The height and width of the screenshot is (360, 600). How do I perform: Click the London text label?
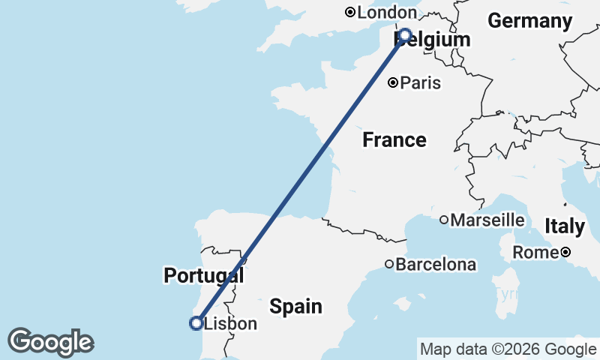(387, 13)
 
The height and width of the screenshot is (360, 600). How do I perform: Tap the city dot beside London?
(350, 13)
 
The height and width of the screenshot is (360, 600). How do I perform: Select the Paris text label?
(420, 83)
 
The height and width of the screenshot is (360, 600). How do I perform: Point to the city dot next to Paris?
(392, 83)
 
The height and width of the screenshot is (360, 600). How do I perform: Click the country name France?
(394, 139)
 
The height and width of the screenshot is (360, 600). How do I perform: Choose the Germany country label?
(529, 21)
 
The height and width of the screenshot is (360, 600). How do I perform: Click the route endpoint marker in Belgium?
(405, 34)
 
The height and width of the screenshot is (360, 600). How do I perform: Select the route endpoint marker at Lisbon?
(196, 323)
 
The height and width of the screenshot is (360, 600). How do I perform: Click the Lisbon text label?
(230, 324)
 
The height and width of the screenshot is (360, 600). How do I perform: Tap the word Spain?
(296, 306)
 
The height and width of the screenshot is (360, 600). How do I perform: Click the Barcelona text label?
(436, 265)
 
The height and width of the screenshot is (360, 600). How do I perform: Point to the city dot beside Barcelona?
(389, 264)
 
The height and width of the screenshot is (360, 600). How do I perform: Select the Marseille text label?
(487, 220)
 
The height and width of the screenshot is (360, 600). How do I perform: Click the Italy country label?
(565, 226)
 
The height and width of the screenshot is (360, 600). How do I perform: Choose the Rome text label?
(535, 253)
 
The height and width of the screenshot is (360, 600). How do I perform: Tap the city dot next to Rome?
(566, 253)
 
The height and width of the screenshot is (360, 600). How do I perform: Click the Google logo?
(50, 342)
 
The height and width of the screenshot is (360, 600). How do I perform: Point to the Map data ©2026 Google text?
(508, 349)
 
